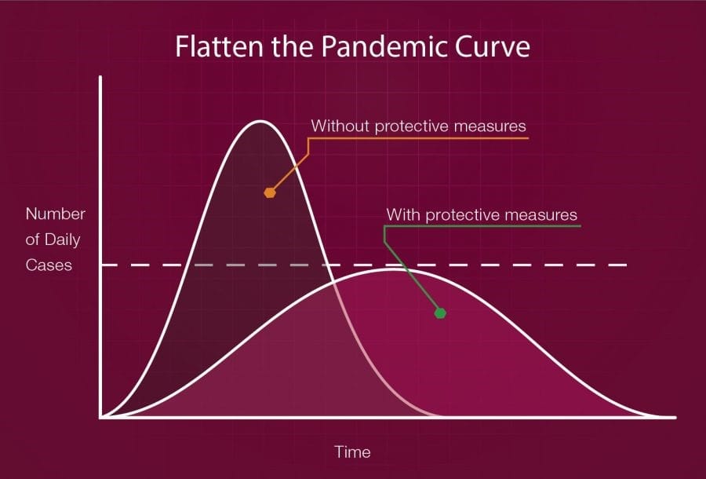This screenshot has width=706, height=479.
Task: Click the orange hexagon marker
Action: [270, 192]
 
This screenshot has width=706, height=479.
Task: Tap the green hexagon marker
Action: [441, 313]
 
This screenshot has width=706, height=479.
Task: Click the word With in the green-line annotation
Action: [403, 214]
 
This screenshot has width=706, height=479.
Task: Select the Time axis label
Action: [352, 452]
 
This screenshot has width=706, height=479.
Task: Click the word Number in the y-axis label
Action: [56, 214]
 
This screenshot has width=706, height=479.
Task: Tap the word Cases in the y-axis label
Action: [49, 265]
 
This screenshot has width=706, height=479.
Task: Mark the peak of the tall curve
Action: [260, 121]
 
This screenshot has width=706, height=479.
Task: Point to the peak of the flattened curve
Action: [393, 269]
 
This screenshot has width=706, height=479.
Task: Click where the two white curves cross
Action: [333, 282]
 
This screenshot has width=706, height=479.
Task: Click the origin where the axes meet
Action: [101, 418]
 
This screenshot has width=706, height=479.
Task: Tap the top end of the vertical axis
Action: [100, 77]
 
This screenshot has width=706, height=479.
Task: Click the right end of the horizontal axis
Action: [675, 418]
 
